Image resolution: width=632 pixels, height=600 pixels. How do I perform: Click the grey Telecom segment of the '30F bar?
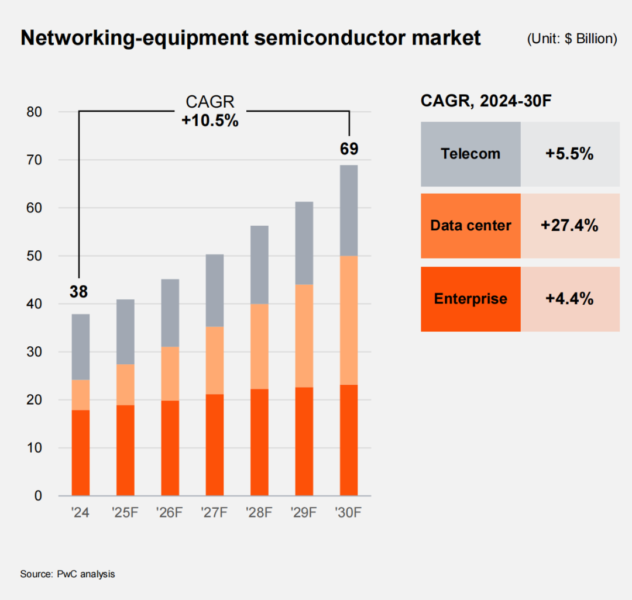click(x=349, y=211)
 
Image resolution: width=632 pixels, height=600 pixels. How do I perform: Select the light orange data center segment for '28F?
click(x=259, y=346)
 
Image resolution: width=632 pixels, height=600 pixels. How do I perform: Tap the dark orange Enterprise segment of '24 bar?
click(x=81, y=453)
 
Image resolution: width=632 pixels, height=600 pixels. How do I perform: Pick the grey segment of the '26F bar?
click(x=170, y=313)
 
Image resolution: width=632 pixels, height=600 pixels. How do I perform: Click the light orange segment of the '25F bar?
click(x=125, y=385)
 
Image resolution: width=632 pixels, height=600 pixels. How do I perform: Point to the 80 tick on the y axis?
click(x=35, y=112)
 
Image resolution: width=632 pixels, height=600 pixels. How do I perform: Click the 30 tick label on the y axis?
click(x=35, y=352)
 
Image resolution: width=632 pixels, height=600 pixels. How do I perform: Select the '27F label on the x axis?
click(x=215, y=513)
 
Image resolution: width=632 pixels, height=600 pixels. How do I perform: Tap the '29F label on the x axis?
click(x=304, y=513)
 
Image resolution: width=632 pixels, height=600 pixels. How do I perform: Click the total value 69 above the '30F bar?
click(x=349, y=149)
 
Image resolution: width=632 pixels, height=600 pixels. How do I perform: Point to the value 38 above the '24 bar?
click(x=79, y=291)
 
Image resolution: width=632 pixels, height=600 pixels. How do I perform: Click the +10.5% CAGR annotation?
click(x=209, y=120)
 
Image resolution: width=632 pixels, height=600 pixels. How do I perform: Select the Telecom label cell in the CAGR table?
click(x=470, y=154)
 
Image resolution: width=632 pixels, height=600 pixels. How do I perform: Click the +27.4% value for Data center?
click(x=569, y=226)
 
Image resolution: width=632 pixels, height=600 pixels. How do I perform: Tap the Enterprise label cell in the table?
click(x=470, y=299)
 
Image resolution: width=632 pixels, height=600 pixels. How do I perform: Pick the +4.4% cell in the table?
click(x=569, y=299)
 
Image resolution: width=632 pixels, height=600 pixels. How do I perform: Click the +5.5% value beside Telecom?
click(x=569, y=154)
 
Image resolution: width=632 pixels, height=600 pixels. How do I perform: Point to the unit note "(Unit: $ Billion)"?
click(x=572, y=39)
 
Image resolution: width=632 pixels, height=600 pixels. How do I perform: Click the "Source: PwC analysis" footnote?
click(x=68, y=574)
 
